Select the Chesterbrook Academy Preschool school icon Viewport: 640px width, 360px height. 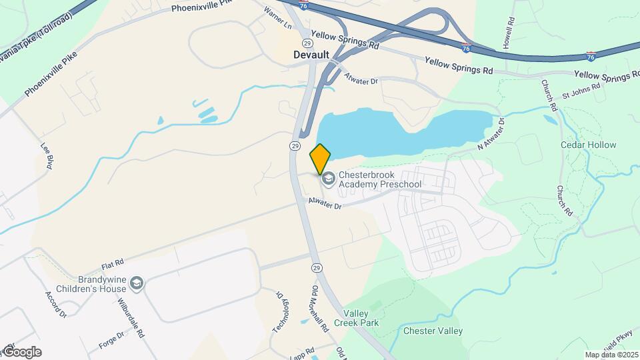(x=328, y=179)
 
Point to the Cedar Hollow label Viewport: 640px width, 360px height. (x=588, y=145)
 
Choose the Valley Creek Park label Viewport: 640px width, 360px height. (x=361, y=318)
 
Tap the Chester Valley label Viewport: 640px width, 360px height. (x=433, y=331)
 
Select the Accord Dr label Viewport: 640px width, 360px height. (x=57, y=303)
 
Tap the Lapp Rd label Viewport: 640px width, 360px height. (x=305, y=351)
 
